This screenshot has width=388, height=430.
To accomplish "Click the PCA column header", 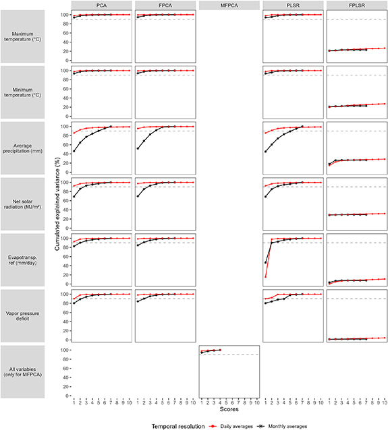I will [x=101, y=5].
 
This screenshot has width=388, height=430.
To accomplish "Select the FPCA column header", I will [x=165, y=5].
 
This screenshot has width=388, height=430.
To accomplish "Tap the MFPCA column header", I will [x=229, y=5].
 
